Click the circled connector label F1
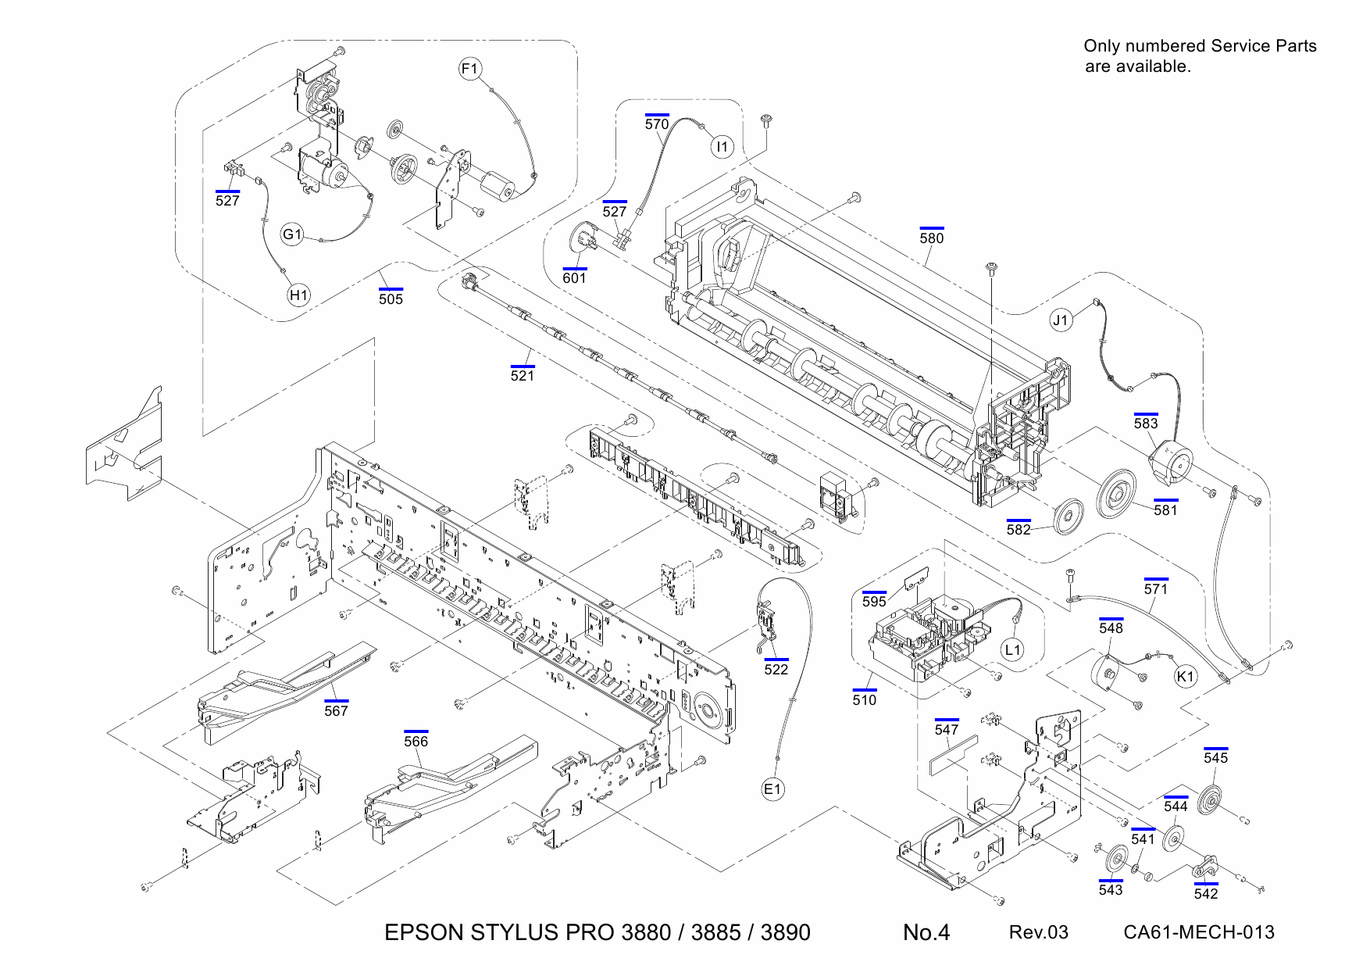[469, 69]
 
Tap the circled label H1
[298, 295]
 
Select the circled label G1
[292, 234]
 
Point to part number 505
[391, 299]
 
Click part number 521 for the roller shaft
[522, 375]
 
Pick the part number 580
[931, 238]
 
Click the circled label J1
[1060, 320]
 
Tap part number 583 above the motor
[1146, 423]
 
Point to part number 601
[574, 277]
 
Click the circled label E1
[772, 789]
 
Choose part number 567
[336, 710]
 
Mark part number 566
[416, 741]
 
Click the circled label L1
[1012, 649]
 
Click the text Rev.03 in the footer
[1038, 932]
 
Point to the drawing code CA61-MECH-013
[1198, 932]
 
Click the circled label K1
[1186, 676]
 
